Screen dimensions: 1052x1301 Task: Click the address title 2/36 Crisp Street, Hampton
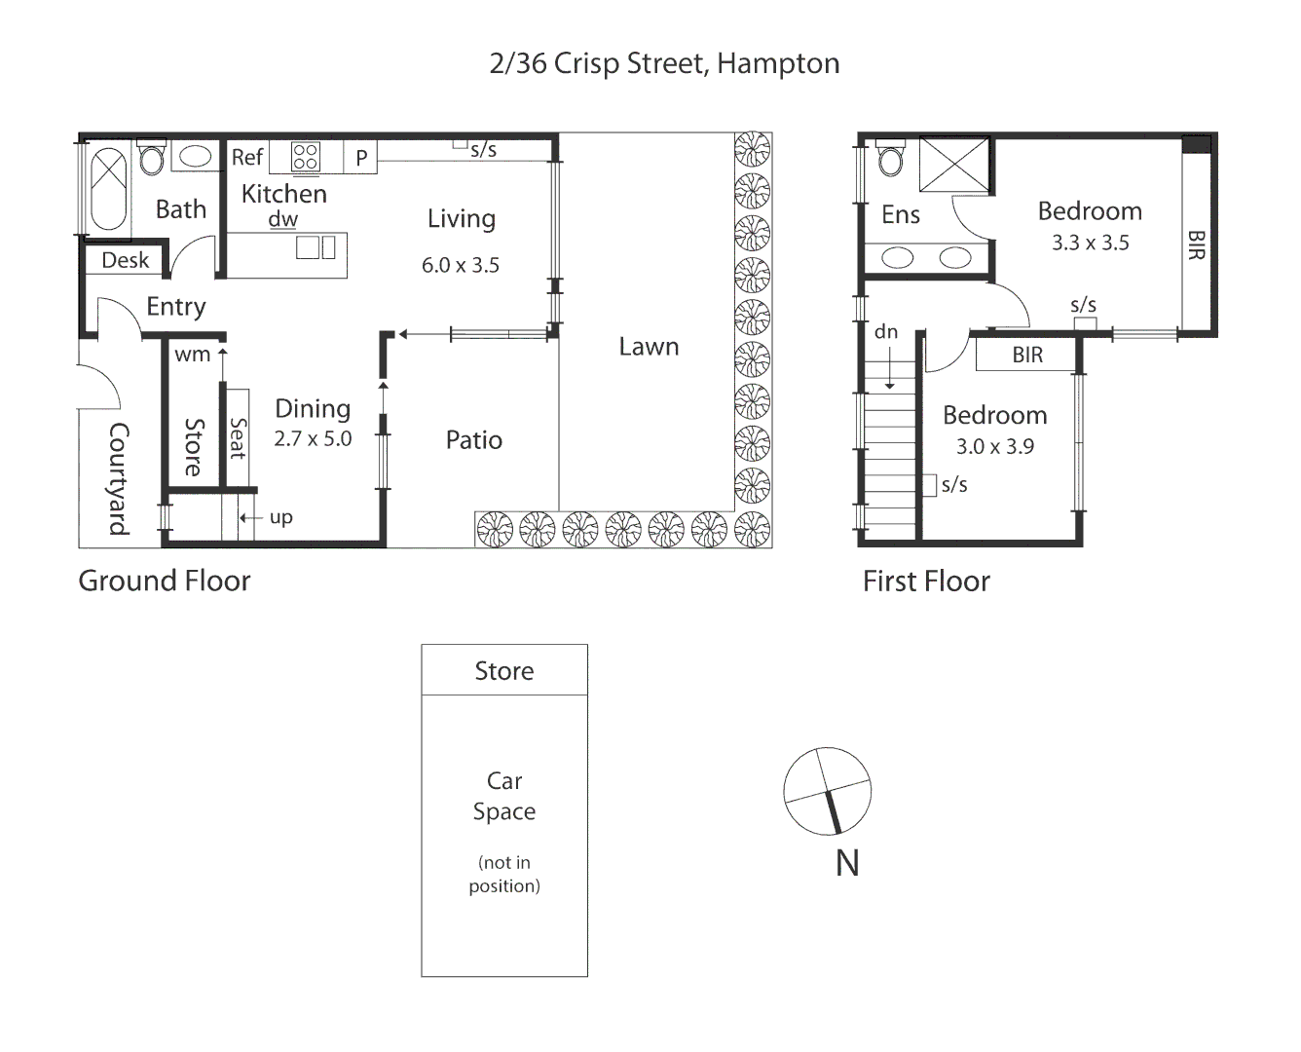pyautogui.click(x=664, y=63)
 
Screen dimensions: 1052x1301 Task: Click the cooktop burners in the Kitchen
pyautogui.click(x=306, y=157)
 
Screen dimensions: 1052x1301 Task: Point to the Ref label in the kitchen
pyautogui.click(x=247, y=157)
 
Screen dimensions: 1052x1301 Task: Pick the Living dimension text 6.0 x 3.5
pyautogui.click(x=460, y=265)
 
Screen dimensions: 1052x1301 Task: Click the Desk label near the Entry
pyautogui.click(x=126, y=260)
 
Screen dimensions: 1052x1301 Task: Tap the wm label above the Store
pyautogui.click(x=192, y=355)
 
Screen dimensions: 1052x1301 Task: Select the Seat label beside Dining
pyautogui.click(x=238, y=438)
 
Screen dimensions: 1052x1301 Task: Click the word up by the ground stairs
pyautogui.click(x=281, y=517)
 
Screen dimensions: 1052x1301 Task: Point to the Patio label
pyautogui.click(x=473, y=440)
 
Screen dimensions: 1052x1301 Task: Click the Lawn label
pyautogui.click(x=649, y=347)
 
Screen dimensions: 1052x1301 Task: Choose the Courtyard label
pyautogui.click(x=119, y=478)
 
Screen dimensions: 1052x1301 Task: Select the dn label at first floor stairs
pyautogui.click(x=885, y=332)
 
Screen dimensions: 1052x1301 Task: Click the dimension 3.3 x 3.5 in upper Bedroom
pyautogui.click(x=1090, y=243)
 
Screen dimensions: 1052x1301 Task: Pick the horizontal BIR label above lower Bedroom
pyautogui.click(x=1027, y=355)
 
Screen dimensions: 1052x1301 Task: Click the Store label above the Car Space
pyautogui.click(x=503, y=671)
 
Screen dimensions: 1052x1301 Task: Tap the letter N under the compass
pyautogui.click(x=847, y=863)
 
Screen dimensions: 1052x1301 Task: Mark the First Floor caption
pyautogui.click(x=926, y=582)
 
